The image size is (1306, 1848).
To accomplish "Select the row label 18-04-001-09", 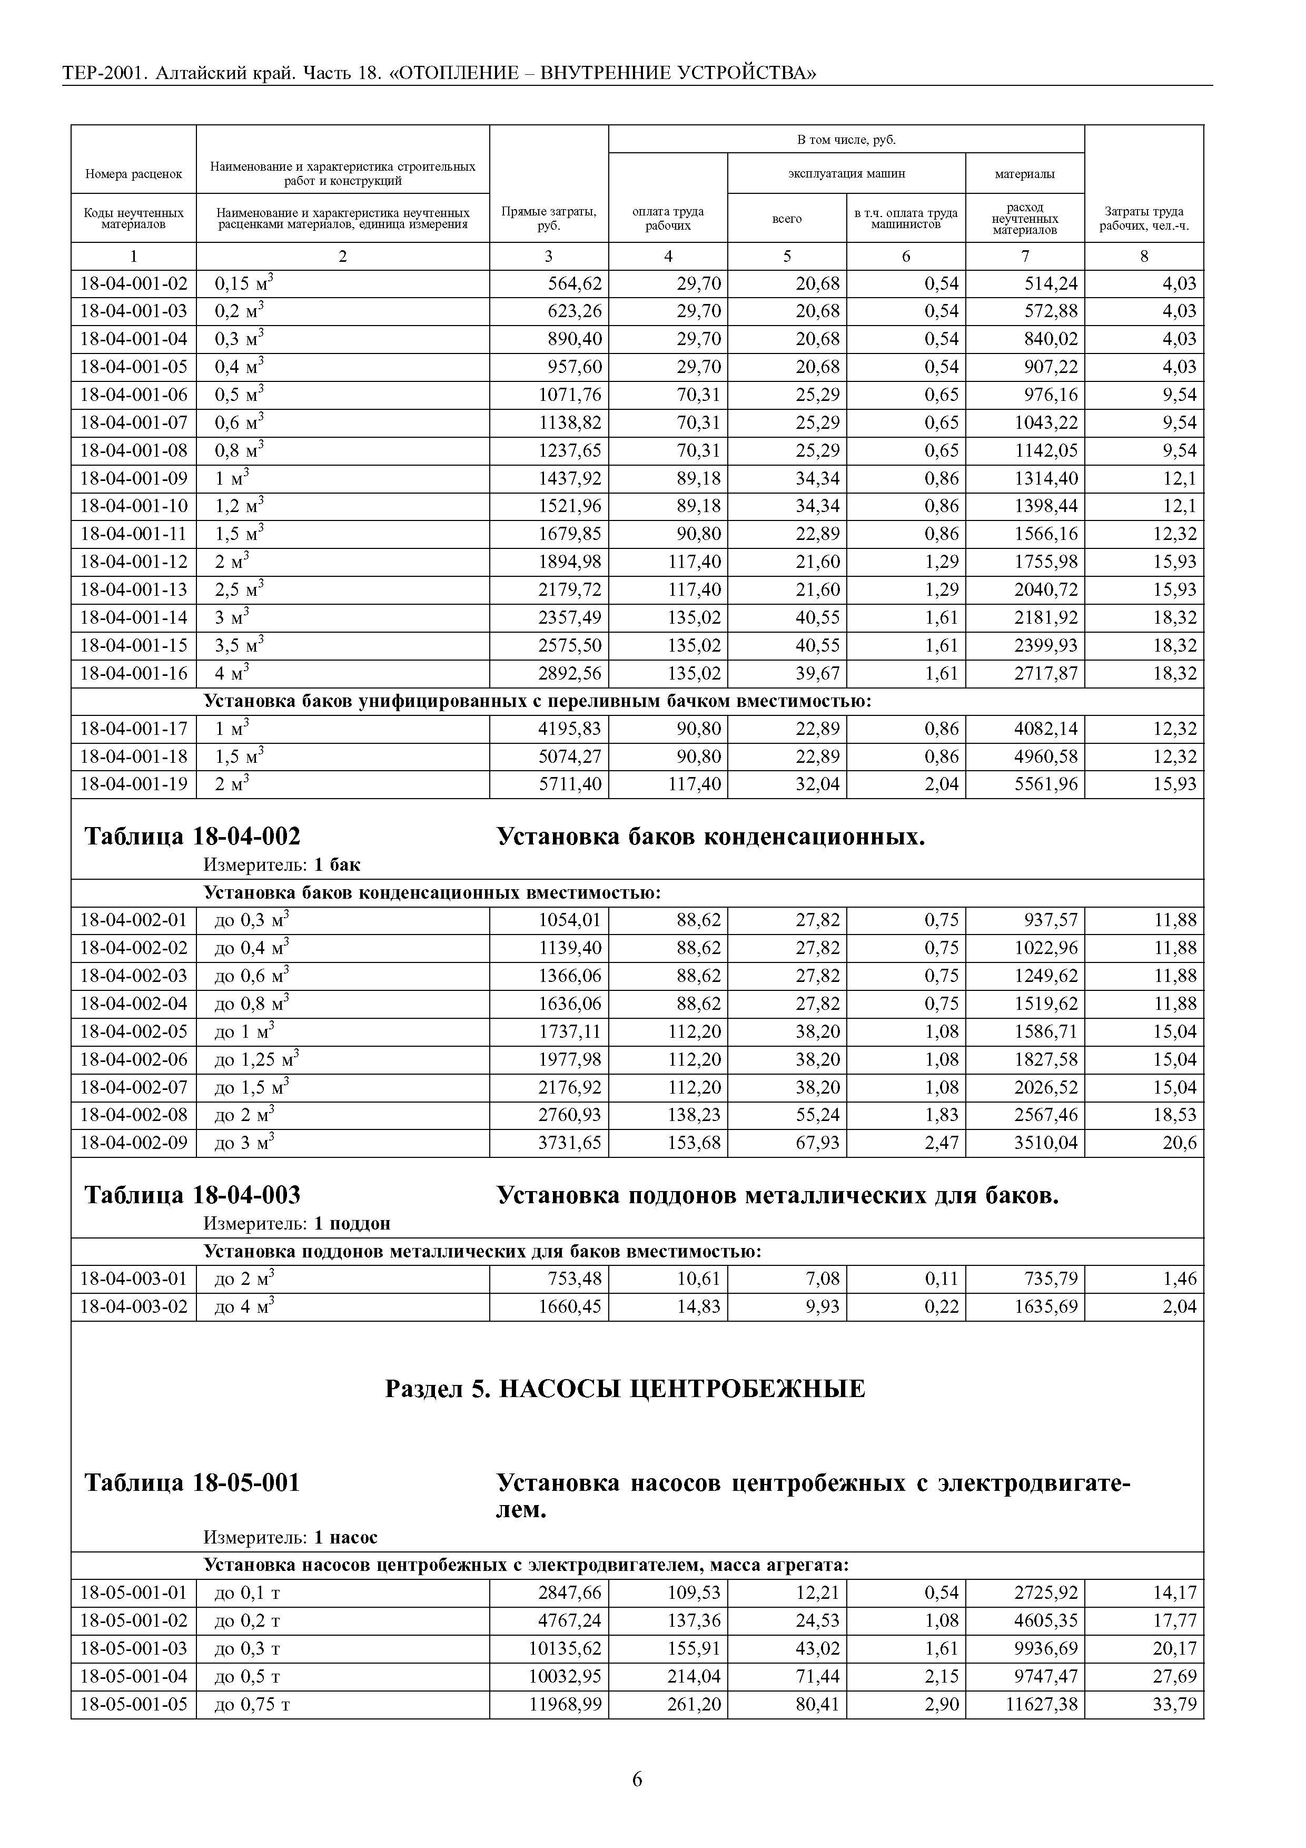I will pos(134,479).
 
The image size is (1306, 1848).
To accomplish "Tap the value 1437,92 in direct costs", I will pos(569,479).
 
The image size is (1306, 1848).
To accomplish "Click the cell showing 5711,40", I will pos(569,784).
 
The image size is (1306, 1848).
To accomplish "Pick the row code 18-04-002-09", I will pos(134,1143).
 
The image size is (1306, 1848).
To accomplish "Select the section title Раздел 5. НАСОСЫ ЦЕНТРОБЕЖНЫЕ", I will pos(625,1389).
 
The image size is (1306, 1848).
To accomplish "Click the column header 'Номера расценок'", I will pos(134,174).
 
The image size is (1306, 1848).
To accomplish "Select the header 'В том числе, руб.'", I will pos(846,140).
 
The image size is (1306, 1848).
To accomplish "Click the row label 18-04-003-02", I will pos(134,1306).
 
